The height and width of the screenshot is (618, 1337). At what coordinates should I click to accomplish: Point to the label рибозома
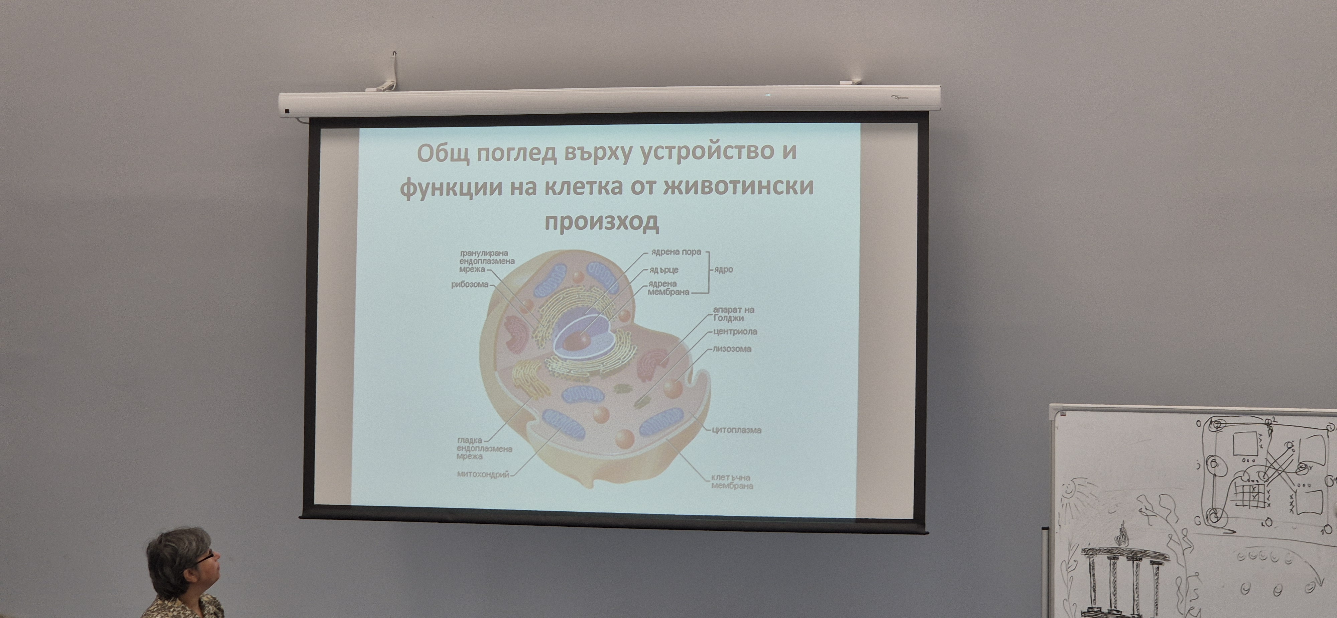470,285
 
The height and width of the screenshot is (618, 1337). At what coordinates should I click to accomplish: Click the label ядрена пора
676,252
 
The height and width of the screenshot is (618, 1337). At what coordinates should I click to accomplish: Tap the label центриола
735,331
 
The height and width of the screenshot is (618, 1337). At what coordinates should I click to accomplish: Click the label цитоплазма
736,430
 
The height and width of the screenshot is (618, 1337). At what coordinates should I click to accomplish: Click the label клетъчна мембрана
731,482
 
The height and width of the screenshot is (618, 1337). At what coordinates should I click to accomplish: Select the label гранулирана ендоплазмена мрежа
486,261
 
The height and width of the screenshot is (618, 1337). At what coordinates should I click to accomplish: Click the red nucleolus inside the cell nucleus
577,341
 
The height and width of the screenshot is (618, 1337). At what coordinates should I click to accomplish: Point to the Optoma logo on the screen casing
900,97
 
